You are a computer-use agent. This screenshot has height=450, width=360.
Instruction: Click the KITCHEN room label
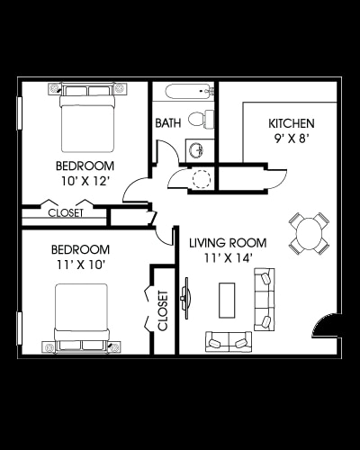291,123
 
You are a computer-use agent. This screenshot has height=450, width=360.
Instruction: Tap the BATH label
168,123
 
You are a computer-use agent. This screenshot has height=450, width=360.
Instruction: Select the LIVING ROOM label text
227,242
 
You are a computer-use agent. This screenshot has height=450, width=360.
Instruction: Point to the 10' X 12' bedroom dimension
84,181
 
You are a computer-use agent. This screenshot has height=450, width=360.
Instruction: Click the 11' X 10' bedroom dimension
79,265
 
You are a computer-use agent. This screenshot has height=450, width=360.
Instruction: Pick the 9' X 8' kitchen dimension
291,139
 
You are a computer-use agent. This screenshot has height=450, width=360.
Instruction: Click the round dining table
308,234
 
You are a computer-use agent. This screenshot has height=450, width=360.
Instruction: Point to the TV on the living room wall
186,296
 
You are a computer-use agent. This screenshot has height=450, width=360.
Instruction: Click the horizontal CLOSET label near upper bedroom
65,213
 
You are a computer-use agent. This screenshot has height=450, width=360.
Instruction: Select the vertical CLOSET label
163,310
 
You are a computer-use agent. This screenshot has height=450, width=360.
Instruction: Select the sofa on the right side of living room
265,301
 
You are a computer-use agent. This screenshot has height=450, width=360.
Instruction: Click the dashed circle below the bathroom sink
202,178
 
